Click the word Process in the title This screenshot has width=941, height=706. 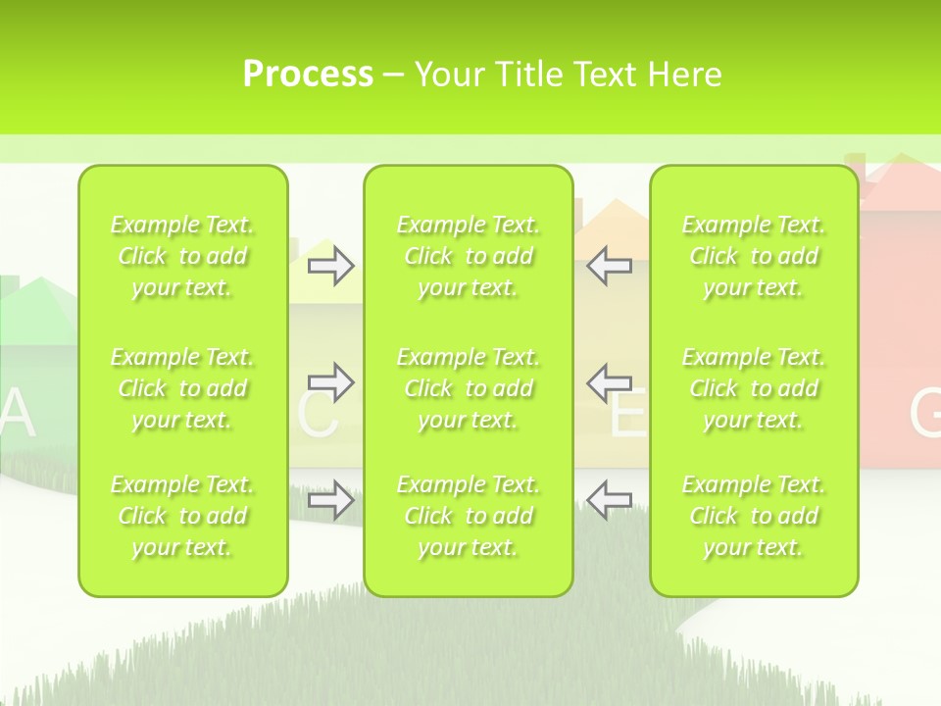[308, 75]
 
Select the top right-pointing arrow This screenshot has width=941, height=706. [330, 265]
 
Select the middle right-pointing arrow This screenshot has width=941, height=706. [330, 381]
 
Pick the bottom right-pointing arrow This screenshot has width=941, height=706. [330, 499]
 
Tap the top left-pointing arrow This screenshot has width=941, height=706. [609, 265]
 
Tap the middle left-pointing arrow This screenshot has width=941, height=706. [609, 381]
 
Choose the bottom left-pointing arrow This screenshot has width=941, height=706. [609, 499]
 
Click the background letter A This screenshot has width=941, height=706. [17, 415]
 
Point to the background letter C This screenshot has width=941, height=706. [317, 416]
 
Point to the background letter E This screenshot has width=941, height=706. [628, 416]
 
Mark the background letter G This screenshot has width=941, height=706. [925, 414]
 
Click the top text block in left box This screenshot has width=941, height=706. [182, 257]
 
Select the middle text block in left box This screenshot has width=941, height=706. [182, 388]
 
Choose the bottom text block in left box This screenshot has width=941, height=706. [182, 516]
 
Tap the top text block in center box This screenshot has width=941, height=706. [469, 257]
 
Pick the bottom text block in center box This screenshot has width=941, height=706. [469, 516]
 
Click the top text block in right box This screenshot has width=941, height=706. [754, 257]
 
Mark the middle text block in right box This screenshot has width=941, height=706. [754, 388]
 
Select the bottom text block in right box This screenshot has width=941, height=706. [754, 516]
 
